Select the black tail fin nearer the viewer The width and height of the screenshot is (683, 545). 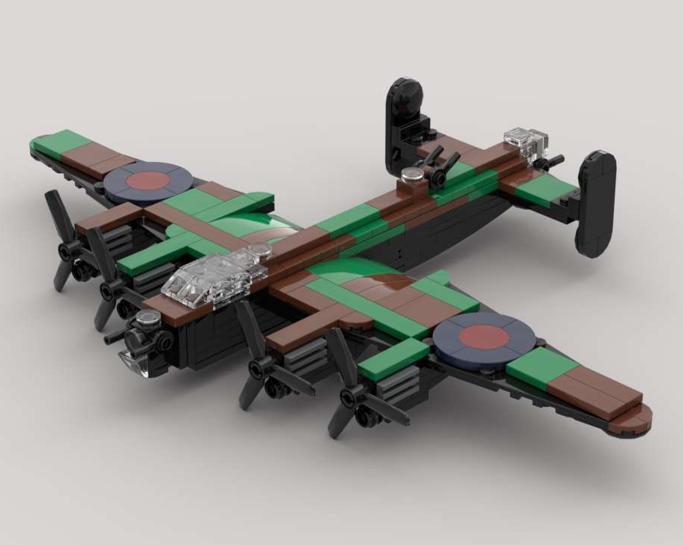tap(596, 202)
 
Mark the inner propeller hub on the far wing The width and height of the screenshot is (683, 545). tap(110, 287)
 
